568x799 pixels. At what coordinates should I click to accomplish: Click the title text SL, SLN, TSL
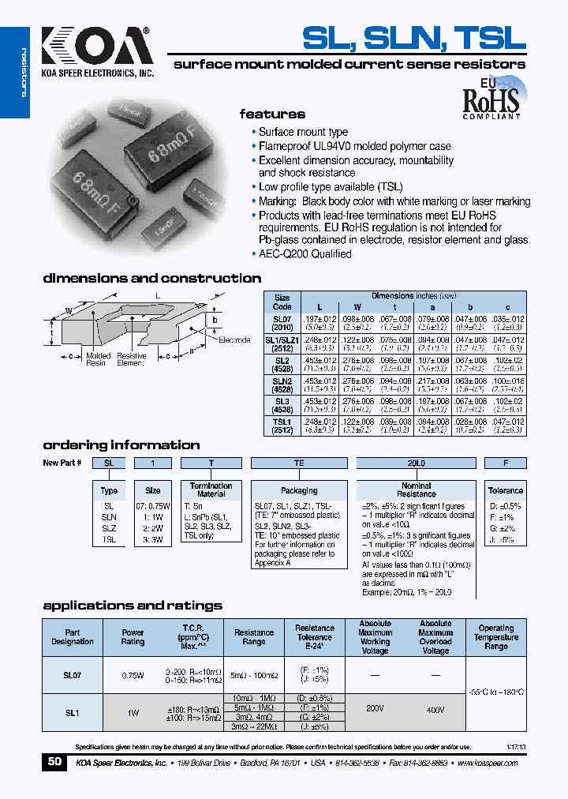(413, 37)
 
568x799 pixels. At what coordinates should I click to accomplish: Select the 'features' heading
(272, 114)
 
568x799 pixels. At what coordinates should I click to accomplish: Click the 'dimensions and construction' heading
(151, 278)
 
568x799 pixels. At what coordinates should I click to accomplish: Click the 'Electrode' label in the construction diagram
(234, 339)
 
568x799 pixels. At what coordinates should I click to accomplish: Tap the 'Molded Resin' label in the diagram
(96, 359)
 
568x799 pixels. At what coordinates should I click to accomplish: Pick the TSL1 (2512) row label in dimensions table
(282, 426)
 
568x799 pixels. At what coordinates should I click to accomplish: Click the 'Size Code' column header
(282, 302)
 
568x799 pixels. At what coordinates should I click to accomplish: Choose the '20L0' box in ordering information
(416, 463)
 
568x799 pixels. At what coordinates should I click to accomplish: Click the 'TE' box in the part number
(299, 463)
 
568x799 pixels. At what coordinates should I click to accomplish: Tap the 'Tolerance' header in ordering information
(505, 490)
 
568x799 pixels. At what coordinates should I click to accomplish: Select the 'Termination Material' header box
(211, 490)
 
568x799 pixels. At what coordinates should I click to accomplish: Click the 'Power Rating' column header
(133, 636)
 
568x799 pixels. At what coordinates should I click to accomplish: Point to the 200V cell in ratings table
(375, 709)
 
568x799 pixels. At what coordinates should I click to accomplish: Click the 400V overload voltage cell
(435, 709)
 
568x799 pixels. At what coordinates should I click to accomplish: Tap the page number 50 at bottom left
(54, 762)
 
